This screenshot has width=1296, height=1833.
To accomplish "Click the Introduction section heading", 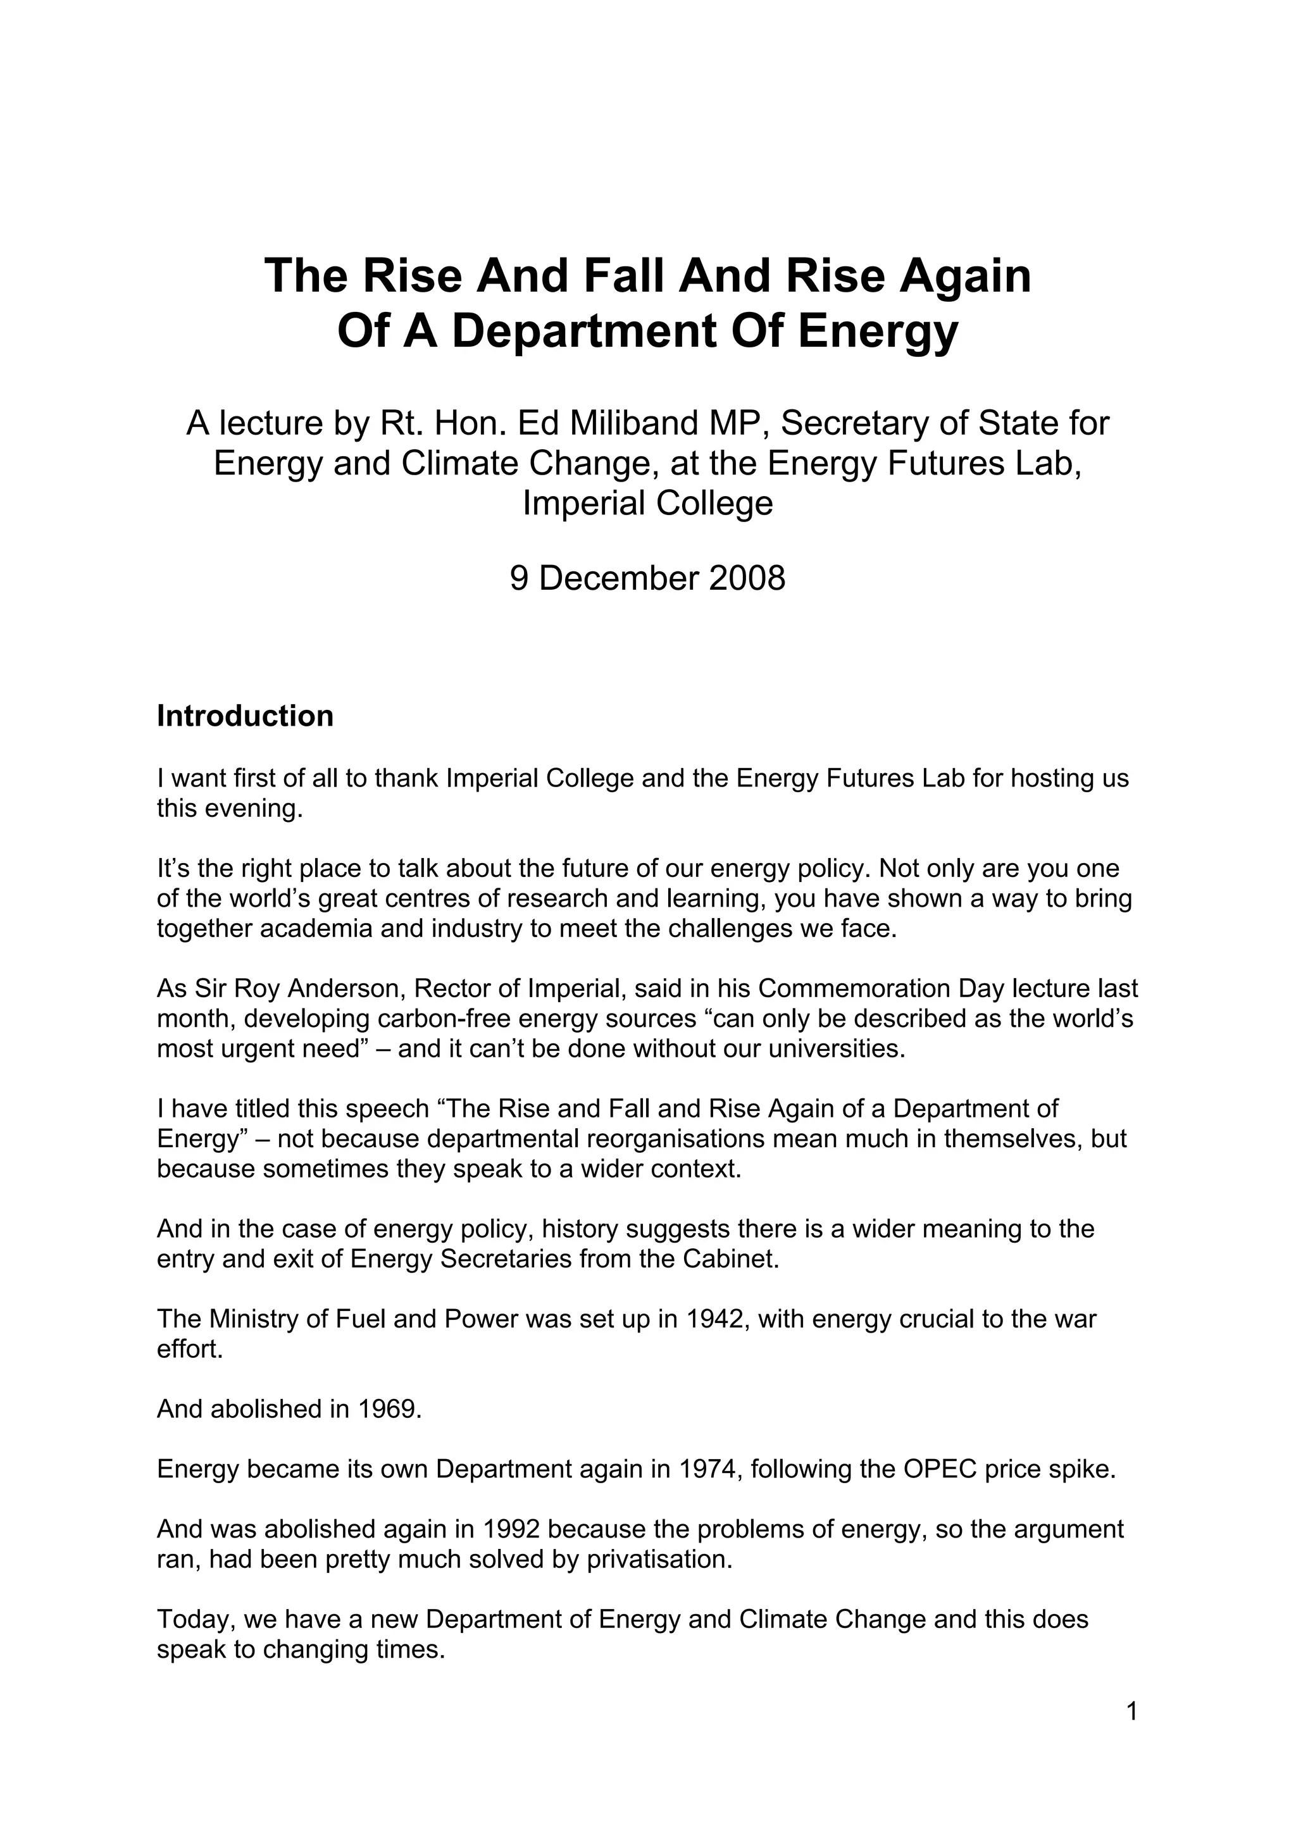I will [244, 716].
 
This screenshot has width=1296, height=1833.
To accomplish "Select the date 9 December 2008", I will [647, 578].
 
